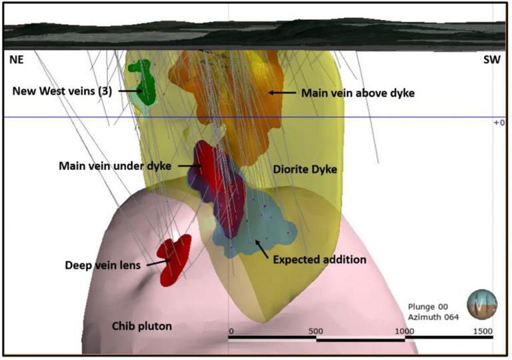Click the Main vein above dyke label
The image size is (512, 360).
pyautogui.click(x=357, y=93)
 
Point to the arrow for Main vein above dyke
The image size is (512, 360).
pyautogui.click(x=282, y=93)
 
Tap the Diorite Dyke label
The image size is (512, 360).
pyautogui.click(x=305, y=170)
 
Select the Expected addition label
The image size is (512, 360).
pyautogui.click(x=320, y=259)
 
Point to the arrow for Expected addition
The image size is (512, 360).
pyautogui.click(x=261, y=248)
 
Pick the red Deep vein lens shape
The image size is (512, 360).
pyautogui.click(x=173, y=258)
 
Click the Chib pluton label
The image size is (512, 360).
pyautogui.click(x=141, y=326)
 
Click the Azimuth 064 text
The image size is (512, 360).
pyautogui.click(x=433, y=317)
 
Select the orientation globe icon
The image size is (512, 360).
pyautogui.click(x=481, y=305)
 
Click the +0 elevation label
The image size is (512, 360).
pyautogui.click(x=497, y=123)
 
